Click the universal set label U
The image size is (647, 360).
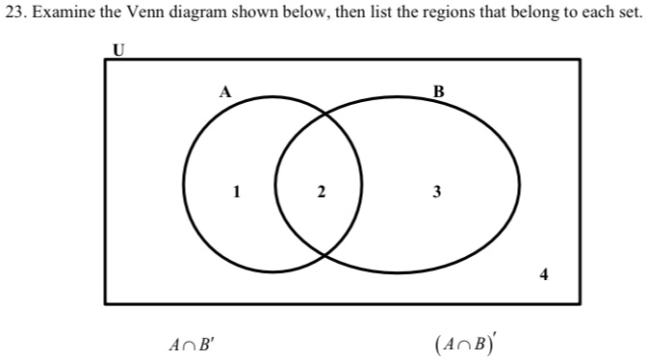(119, 50)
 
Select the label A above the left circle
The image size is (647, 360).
(224, 92)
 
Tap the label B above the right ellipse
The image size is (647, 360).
(439, 92)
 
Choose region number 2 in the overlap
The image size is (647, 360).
(321, 193)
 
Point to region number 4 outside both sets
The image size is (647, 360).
(545, 275)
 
